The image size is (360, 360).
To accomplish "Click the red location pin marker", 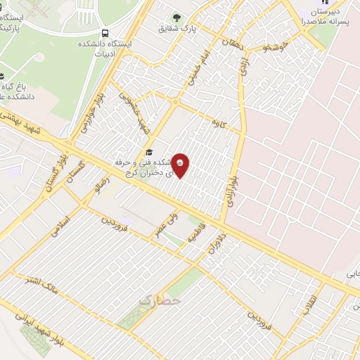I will click(181, 165).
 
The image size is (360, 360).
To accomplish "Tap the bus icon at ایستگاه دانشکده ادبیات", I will click(105, 32).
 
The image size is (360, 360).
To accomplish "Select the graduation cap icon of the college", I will click(148, 153).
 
